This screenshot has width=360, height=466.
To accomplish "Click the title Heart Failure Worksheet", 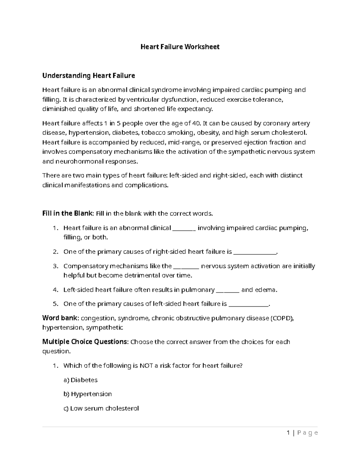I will [x=180, y=47].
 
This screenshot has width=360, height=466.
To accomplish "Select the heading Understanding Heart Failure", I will [x=88, y=76].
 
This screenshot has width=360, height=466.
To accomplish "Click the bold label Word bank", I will [x=61, y=318].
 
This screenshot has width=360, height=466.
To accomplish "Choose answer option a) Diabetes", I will [x=80, y=380].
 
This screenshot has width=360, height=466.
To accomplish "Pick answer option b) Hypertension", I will [x=87, y=394].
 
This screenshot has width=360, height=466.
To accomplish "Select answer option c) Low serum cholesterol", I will [x=101, y=408].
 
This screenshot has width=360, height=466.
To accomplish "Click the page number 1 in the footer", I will [x=288, y=433].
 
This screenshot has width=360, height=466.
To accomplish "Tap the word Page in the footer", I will [x=307, y=433].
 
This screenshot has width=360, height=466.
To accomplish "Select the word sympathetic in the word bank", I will [x=104, y=328].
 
